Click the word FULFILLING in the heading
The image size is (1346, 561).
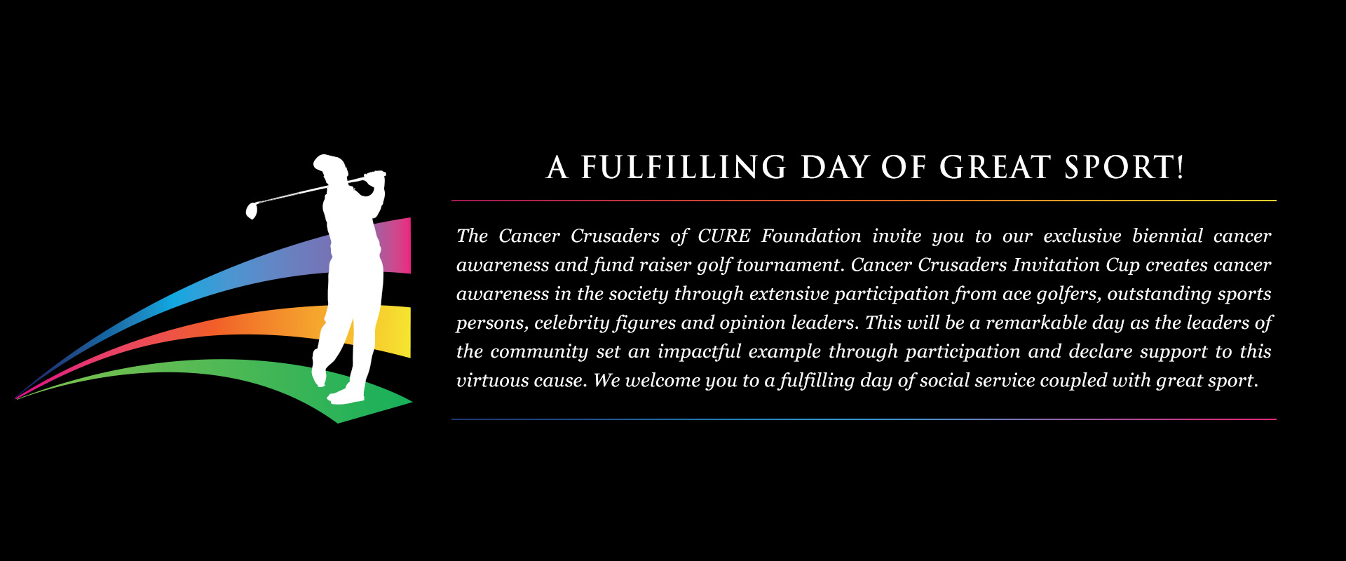pyautogui.click(x=684, y=168)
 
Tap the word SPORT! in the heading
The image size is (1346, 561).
pyautogui.click(x=1124, y=168)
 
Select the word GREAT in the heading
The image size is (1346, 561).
pyautogui.click(x=995, y=168)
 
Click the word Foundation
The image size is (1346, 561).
pyautogui.click(x=811, y=236)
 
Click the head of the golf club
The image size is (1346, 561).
pyautogui.click(x=252, y=210)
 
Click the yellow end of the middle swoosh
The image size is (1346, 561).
pyautogui.click(x=398, y=331)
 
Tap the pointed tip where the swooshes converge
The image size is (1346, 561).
pyautogui.click(x=16, y=398)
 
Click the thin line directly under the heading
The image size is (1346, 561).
pyautogui.click(x=864, y=201)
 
